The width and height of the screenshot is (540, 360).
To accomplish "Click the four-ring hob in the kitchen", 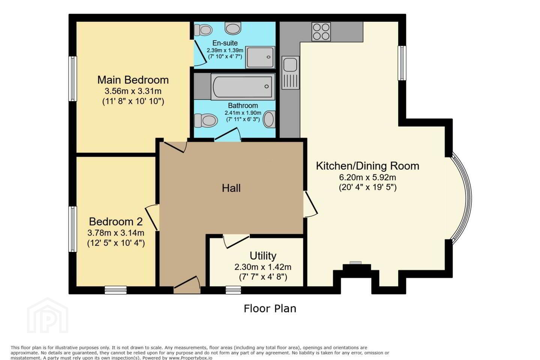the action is [321, 31].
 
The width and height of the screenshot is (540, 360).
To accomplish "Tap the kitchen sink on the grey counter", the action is [291, 72].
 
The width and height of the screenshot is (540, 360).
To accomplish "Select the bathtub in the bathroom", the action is [243, 87].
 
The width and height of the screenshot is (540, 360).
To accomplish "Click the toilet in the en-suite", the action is [203, 30].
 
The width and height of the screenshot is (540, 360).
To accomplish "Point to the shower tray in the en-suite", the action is [260, 57].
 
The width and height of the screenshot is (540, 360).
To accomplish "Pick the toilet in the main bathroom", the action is [206, 120].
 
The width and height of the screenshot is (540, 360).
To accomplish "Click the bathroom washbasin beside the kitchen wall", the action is [269, 119].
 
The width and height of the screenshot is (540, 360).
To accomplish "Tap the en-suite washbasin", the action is [233, 28].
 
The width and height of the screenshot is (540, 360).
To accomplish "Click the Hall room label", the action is [231, 188].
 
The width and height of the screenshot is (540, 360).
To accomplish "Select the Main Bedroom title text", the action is [133, 80].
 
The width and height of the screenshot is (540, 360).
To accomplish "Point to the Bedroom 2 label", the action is [116, 221].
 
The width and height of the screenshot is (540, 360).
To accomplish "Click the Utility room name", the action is [263, 256].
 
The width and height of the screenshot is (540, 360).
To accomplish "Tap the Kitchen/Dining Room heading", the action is [367, 166].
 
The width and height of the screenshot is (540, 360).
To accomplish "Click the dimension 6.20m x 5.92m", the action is [367, 177].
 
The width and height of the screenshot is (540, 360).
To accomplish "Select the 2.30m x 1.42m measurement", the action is [263, 267].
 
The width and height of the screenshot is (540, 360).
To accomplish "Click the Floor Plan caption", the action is [270, 309].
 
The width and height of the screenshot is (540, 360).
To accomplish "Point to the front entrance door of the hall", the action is [187, 285].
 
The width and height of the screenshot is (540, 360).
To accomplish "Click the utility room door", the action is [236, 241].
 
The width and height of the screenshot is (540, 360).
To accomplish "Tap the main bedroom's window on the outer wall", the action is [73, 79].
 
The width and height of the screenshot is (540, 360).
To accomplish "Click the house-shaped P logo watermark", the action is [48, 316].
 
